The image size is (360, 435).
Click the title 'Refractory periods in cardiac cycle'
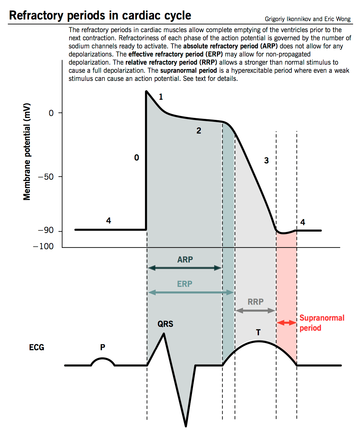(100, 16)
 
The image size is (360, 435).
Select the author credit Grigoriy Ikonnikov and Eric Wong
(307, 19)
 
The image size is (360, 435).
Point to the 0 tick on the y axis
(51, 113)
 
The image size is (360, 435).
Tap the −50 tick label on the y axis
(46, 177)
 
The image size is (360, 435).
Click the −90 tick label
(46, 230)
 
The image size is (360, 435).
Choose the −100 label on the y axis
(44, 246)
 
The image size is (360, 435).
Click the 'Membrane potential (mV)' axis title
(27, 151)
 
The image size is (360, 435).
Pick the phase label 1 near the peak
(161, 96)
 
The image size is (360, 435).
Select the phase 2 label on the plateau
(199, 131)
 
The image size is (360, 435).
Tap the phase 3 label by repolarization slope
(266, 160)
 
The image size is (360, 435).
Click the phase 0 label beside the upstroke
(137, 158)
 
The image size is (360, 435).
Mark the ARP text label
(185, 260)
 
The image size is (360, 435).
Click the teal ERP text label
(185, 284)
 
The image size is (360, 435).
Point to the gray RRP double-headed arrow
(255, 311)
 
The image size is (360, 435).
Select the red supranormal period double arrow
(286, 323)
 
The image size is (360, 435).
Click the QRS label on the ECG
(165, 324)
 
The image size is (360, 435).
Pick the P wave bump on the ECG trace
(103, 361)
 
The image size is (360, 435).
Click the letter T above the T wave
(258, 332)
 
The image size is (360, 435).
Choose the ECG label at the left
(36, 347)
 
